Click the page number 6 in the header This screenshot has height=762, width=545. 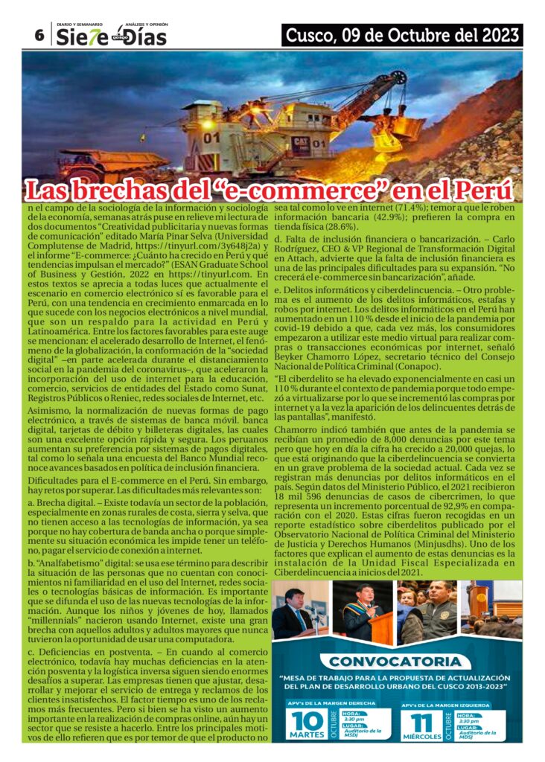39,35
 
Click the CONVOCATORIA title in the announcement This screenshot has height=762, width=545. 394,661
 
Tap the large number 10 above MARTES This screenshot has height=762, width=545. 307,721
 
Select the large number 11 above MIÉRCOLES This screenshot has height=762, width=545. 421,721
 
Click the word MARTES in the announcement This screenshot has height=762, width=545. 307,738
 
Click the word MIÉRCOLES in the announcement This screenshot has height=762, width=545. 421,738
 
